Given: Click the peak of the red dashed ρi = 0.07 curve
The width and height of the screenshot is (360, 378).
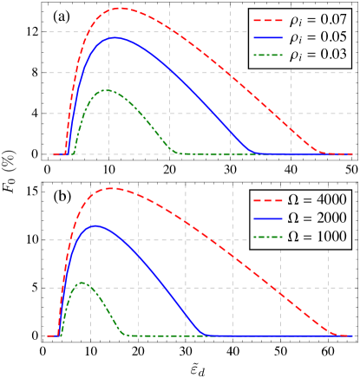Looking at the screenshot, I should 121,8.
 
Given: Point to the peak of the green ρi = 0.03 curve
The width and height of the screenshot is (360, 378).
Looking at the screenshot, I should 107,90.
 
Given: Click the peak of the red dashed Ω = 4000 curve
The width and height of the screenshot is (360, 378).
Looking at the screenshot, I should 112,187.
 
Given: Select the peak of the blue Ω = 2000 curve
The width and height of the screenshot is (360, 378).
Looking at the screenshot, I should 95,225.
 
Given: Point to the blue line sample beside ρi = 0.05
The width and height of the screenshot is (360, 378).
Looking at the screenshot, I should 266,37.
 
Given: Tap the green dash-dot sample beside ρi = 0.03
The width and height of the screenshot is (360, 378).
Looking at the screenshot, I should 266,56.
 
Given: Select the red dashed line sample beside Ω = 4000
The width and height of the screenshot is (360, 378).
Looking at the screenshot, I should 266,198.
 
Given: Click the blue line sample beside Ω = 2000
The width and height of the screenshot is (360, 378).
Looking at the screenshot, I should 266,217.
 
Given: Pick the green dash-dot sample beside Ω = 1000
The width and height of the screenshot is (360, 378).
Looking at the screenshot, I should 266,236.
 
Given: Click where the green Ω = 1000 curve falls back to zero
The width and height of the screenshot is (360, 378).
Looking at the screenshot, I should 128,335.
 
